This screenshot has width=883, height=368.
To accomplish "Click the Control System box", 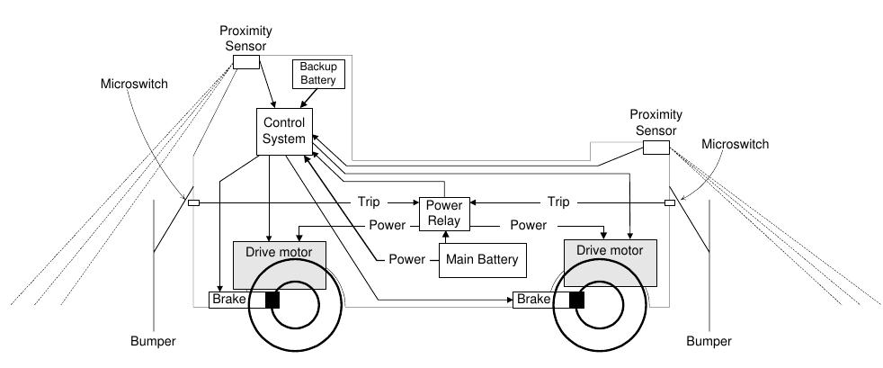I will (283, 130).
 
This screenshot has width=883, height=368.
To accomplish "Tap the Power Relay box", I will (443, 213).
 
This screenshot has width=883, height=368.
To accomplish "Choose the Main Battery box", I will (481, 260).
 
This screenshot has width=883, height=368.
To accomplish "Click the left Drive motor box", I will (279, 261).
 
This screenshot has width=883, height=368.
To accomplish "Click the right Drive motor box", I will (609, 261).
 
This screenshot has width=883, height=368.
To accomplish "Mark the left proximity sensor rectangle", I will (245, 62).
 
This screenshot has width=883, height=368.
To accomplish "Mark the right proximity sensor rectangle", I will (656, 148).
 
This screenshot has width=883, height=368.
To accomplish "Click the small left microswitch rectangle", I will (193, 202).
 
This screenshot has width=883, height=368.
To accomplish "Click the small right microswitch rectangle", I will (669, 202).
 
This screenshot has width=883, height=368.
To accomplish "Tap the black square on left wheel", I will (272, 300).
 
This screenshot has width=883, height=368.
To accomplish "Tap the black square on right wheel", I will (576, 300).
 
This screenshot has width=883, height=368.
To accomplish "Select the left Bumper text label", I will (153, 341).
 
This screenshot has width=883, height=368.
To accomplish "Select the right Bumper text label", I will (709, 341).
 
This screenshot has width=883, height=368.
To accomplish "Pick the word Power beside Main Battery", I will (406, 260).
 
